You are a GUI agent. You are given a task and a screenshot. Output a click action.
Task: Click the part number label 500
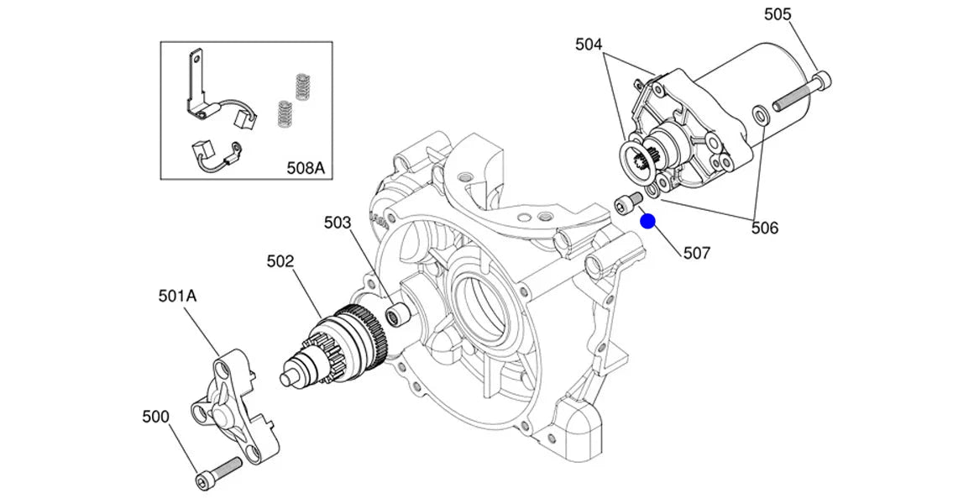[x=155, y=417]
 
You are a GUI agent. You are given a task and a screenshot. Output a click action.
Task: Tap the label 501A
[x=178, y=297]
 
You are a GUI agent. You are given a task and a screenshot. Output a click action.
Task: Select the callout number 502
[x=280, y=261]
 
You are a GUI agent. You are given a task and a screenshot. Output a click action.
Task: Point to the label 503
[x=338, y=223]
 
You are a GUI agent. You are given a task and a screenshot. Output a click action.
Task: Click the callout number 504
[x=589, y=45]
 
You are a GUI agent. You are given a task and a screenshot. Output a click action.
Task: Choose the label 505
[x=778, y=14]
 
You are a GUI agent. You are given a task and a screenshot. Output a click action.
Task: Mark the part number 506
[x=765, y=228]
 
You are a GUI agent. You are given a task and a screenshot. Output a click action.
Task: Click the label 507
[x=697, y=253]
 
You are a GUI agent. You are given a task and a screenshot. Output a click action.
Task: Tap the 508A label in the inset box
[x=306, y=168]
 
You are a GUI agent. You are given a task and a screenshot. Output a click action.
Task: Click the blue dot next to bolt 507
[x=648, y=221]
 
